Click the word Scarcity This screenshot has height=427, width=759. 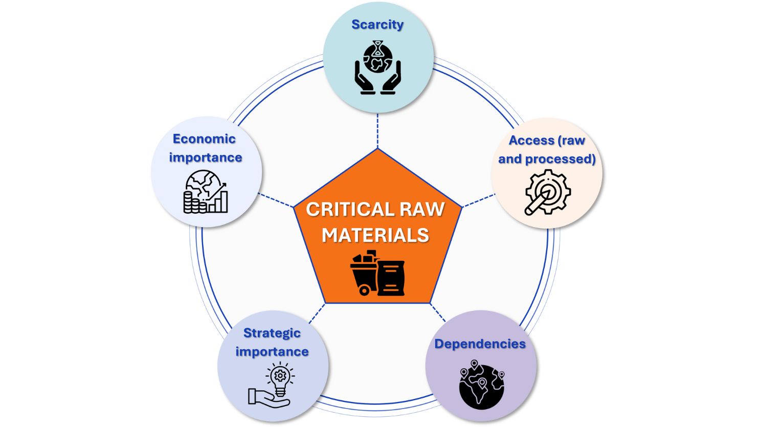(377, 25)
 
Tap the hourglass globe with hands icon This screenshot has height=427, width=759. (377, 69)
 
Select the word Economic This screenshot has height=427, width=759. (204, 139)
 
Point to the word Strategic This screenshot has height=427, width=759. (272, 333)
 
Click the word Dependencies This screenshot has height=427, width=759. (480, 344)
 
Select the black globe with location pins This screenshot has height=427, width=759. (481, 385)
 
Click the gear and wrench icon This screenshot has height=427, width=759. (547, 192)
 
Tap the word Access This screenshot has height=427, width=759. (531, 141)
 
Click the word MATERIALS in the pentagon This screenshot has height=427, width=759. (375, 235)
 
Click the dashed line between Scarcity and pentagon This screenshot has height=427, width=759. (377, 130)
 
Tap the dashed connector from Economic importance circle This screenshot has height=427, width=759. (276, 200)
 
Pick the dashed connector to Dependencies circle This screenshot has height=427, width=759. (438, 312)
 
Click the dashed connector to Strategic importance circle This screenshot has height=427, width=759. (317, 312)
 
